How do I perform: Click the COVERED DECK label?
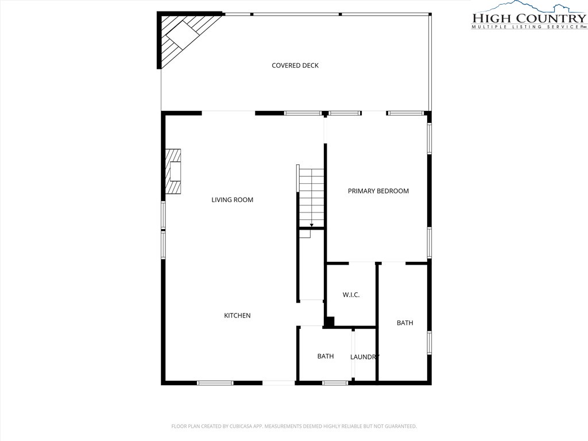pos(295,65)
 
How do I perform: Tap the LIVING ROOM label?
pos(232,200)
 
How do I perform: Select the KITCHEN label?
pos(237,316)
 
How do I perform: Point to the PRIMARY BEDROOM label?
pos(378,191)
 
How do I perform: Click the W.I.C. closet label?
pos(351,295)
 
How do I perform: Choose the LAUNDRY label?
pos(365,357)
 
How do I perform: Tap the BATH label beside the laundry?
pos(326,356)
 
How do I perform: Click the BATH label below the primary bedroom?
pos(405,323)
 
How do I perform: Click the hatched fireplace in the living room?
pos(173,171)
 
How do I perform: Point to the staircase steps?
pos(311,198)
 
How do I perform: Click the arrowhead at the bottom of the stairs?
pos(312,225)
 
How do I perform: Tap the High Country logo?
pos(529,15)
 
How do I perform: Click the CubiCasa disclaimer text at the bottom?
pos(294,427)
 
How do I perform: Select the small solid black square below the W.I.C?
pos(329,322)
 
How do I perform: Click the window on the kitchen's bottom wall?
pos(215,383)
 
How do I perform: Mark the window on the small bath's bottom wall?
pos(335,383)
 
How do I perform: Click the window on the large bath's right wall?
pos(430,342)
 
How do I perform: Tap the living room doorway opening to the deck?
pos(229,113)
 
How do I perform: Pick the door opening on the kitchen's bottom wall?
pos(278,383)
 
